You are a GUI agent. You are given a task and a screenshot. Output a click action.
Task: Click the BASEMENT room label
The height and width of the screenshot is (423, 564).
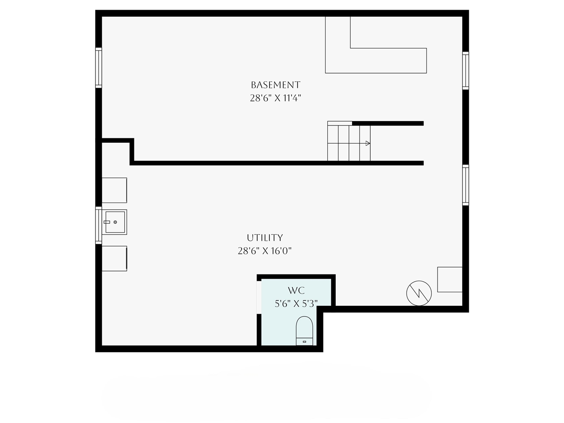pos(275,85)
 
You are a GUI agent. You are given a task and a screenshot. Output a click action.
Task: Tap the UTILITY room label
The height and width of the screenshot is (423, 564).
pos(265,237)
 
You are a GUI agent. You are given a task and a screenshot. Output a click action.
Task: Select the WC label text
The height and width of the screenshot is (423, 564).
pos(296,290)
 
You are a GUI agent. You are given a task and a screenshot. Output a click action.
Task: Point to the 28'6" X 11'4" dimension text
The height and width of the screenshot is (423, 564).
pos(275,98)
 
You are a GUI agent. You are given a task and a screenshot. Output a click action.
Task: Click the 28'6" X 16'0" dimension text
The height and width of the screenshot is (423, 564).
pos(265,251)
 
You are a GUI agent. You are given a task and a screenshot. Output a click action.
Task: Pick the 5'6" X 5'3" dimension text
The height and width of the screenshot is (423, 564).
pos(296,303)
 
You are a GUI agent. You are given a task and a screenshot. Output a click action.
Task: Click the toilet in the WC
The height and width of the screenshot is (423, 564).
pos(304,330)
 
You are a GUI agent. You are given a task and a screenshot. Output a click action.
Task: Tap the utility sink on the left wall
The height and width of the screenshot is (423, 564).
pos(115,222)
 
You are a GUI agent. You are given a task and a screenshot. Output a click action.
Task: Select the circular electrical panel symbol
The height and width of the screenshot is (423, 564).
pos(419,293)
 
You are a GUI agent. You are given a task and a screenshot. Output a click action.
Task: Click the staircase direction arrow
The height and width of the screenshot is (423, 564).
pos(367,143)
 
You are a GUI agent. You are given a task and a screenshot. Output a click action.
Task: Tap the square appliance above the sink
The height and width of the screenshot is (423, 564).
pos(114,190)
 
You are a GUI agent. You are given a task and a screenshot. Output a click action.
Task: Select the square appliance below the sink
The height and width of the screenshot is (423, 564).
pos(114,258)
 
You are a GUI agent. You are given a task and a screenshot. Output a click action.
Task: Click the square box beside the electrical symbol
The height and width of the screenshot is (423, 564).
pos(449,279)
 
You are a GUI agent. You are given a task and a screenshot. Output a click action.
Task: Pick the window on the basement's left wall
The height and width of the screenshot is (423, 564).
pos(99,67)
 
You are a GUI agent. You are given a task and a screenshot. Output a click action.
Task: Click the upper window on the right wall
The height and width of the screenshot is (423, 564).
pos(465,70)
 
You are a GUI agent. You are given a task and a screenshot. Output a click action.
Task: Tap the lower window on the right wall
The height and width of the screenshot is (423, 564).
pos(465,185)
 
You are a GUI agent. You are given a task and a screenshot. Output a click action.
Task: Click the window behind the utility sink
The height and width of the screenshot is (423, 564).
pos(99,225)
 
